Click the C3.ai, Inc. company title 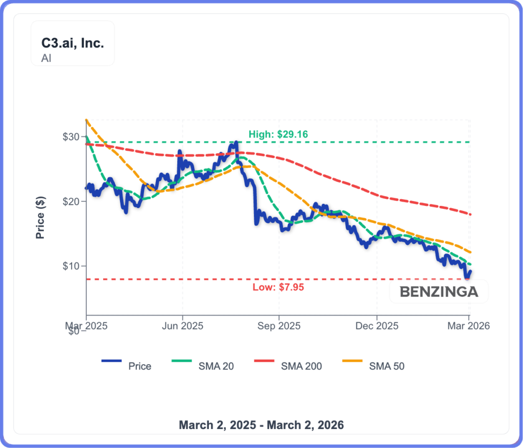pyautogui.click(x=73, y=43)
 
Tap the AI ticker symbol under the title pyautogui.click(x=46, y=58)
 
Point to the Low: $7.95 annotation pyautogui.click(x=278, y=287)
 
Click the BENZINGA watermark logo pyautogui.click(x=439, y=292)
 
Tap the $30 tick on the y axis pyautogui.click(x=72, y=137)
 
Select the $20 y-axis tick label pyautogui.click(x=72, y=201)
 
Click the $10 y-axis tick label pyautogui.click(x=72, y=266)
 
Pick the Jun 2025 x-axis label pyautogui.click(x=182, y=325)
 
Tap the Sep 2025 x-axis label pyautogui.click(x=279, y=325)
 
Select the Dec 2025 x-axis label pyautogui.click(x=376, y=325)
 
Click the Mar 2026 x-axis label pyautogui.click(x=469, y=325)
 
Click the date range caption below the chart pyautogui.click(x=261, y=425)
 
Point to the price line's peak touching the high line pyautogui.click(x=236, y=143)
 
